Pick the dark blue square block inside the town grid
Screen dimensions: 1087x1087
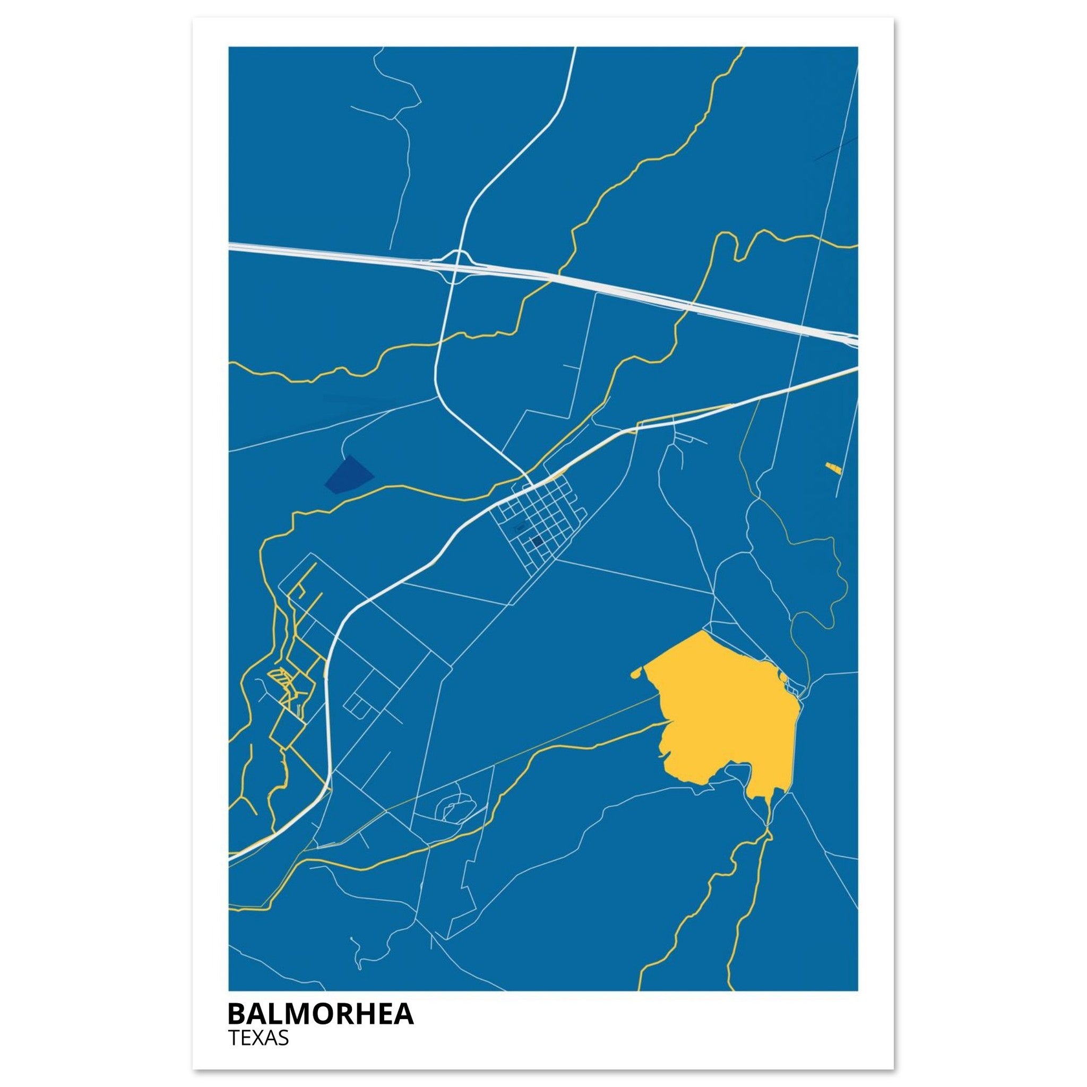pyautogui.click(x=537, y=541)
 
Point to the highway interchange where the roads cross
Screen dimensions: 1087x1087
pyautogui.click(x=459, y=265)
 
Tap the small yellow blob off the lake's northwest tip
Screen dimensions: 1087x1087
pyautogui.click(x=637, y=672)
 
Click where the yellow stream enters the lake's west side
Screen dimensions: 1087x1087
pyautogui.click(x=667, y=722)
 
